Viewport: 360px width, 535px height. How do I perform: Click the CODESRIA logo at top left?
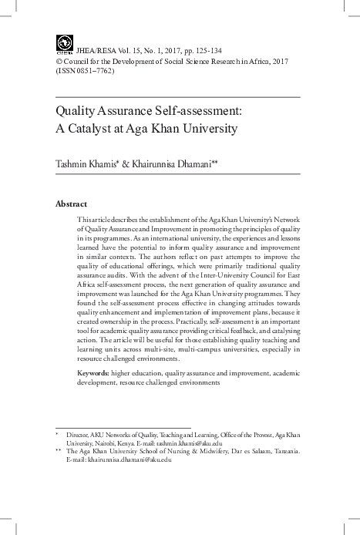[64, 44]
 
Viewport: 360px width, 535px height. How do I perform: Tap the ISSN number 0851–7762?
[96, 70]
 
